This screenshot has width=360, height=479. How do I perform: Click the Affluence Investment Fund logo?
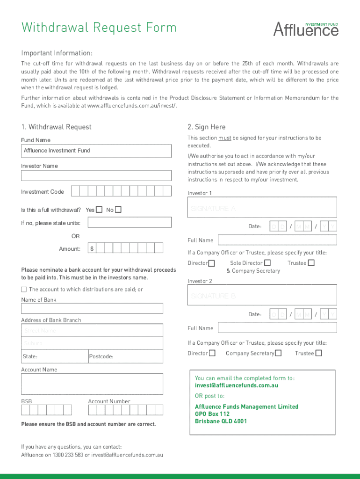point(306,29)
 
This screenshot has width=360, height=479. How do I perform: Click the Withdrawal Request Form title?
point(99,28)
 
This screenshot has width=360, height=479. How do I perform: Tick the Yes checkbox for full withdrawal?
point(99,210)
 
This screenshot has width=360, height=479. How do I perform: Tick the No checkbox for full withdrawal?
point(118,210)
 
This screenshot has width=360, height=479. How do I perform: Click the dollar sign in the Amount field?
point(92,249)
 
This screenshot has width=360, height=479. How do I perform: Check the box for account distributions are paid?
point(24,290)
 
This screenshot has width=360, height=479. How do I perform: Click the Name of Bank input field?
point(92,308)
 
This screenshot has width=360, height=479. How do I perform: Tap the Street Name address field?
point(92,331)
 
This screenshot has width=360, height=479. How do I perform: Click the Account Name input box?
point(92,384)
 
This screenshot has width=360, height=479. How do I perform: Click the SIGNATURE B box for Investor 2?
point(262,296)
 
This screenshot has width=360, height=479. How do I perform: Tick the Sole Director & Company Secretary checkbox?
point(267,263)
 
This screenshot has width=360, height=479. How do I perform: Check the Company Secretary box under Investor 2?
point(278,353)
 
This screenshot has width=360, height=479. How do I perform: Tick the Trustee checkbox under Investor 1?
point(311,263)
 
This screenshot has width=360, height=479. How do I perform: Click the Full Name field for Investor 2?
point(277,328)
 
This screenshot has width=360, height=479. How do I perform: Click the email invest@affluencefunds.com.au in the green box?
point(237,385)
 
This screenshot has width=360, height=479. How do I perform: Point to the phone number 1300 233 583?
point(68,455)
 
